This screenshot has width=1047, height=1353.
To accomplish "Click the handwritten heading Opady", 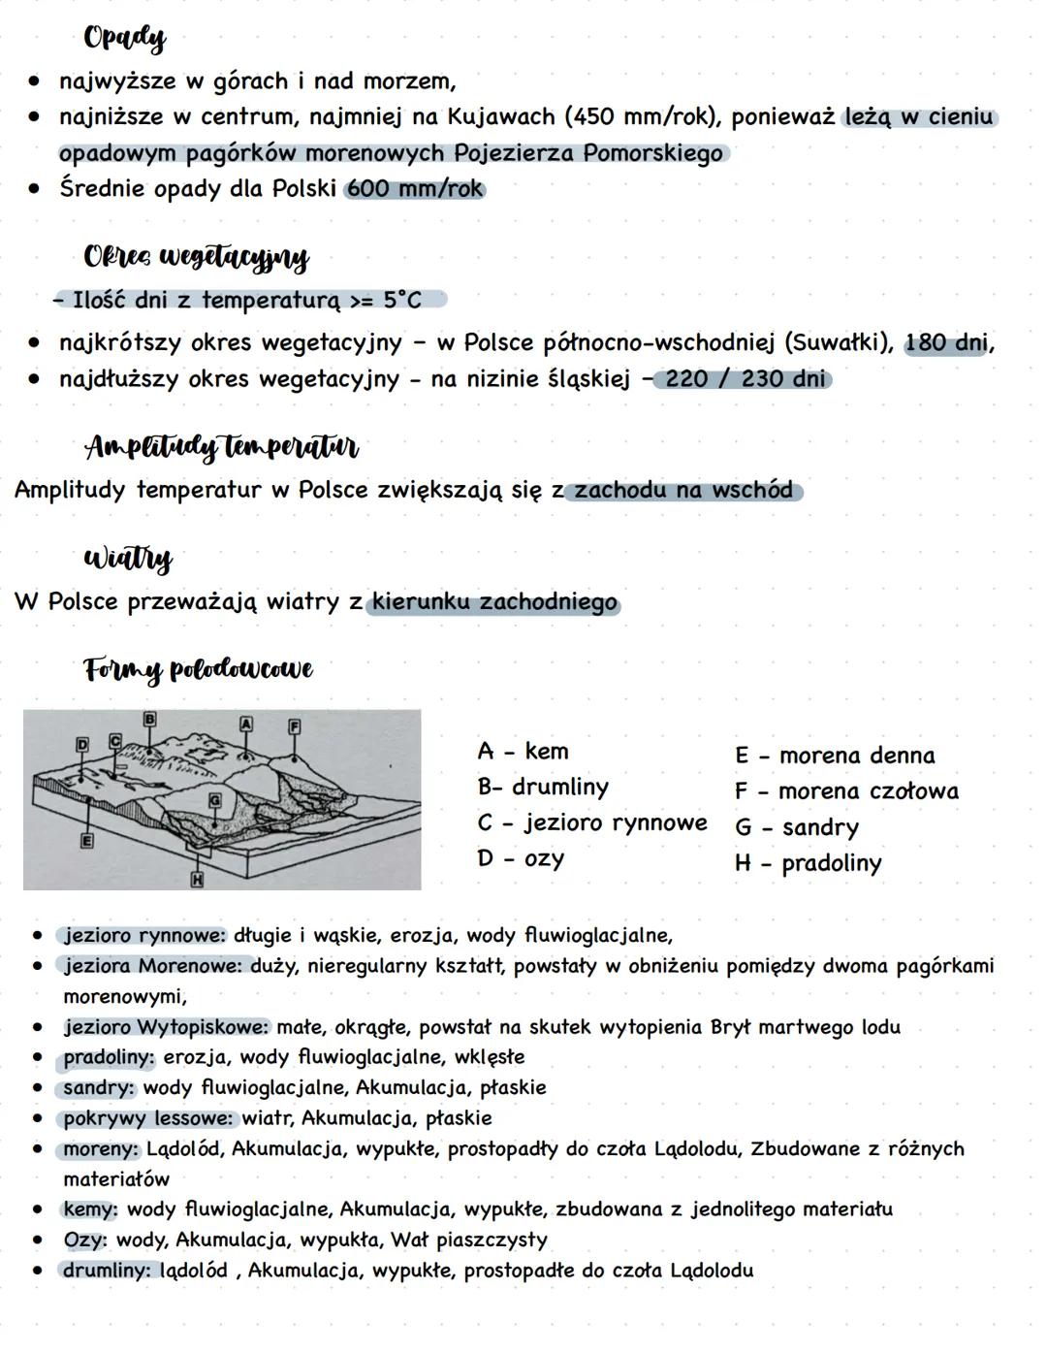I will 124,38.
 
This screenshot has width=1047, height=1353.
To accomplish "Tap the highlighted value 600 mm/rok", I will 415,188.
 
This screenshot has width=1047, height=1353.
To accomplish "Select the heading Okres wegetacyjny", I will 196,257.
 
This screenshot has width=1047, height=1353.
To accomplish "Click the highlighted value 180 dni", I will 946,342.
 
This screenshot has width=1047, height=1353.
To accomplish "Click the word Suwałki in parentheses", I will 834,342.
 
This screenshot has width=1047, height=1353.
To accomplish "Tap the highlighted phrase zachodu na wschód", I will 683,490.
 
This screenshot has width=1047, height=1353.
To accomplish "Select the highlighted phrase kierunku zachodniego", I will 494,602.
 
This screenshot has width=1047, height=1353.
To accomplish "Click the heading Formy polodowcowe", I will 198,669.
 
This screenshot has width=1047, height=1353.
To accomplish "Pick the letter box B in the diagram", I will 149,719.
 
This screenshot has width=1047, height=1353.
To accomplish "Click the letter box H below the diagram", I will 197,880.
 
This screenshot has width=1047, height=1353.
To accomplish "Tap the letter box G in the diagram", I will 215,800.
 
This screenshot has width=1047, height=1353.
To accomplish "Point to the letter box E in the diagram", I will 86,841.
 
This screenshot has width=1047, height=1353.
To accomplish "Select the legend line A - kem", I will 523,752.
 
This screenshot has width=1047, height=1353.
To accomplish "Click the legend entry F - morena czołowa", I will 846,791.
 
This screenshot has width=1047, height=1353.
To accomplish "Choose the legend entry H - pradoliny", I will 808,863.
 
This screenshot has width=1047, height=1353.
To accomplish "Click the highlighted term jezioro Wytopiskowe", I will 166,1027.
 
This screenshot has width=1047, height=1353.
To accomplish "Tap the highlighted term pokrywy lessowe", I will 148,1118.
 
